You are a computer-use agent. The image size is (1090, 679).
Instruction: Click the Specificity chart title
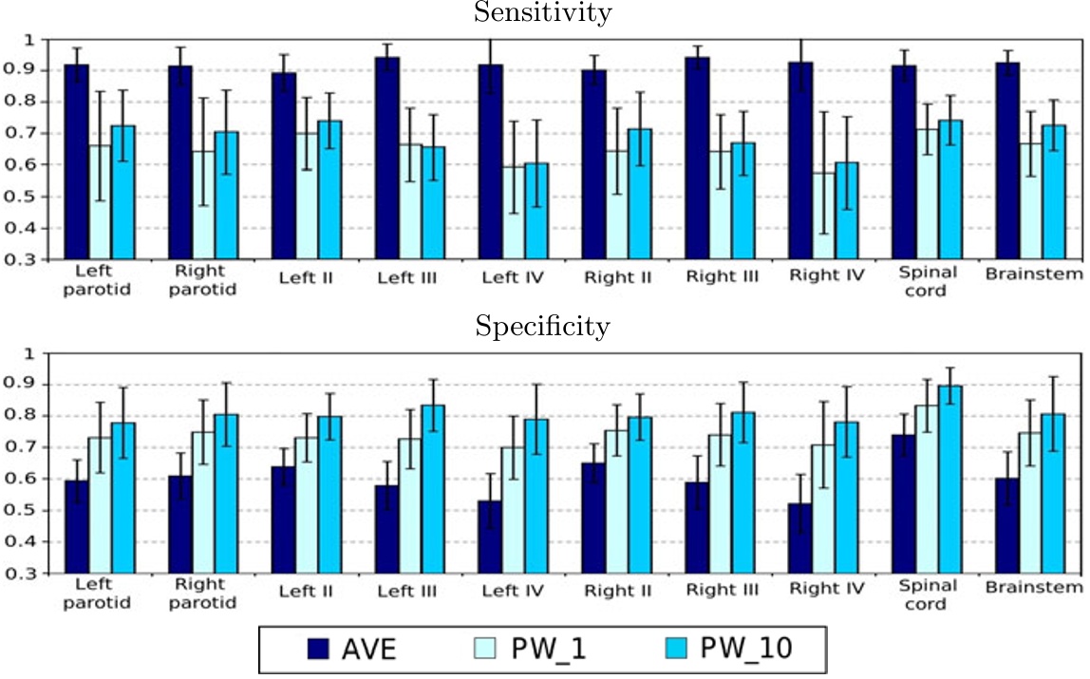[x=543, y=328]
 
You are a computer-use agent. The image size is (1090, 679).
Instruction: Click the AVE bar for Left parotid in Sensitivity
[x=77, y=161]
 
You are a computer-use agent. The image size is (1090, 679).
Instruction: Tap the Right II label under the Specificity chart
[x=618, y=590]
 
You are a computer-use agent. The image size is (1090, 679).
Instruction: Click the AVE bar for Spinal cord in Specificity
[x=902, y=503]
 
